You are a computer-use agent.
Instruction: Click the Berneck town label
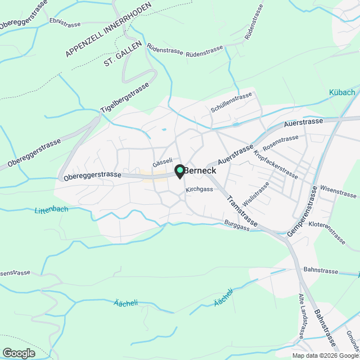click(x=200, y=170)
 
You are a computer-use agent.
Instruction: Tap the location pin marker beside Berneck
click(x=179, y=171)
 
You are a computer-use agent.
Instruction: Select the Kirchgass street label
click(x=200, y=190)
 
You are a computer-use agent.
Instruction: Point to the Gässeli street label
click(x=162, y=160)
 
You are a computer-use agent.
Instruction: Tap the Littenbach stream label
click(x=51, y=210)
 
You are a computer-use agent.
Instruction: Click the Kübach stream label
click(x=342, y=93)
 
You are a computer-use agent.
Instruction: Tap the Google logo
click(x=18, y=353)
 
